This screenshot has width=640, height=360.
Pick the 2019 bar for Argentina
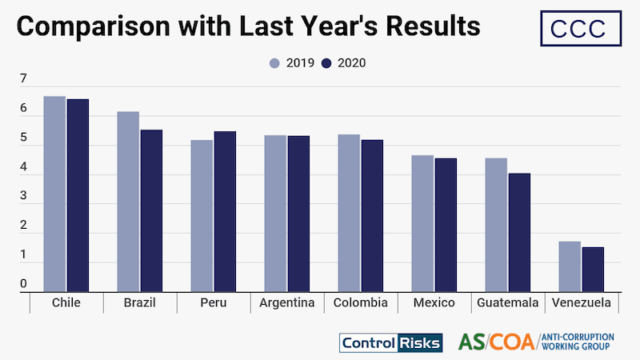[275, 214]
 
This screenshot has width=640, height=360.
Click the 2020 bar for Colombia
[372, 216]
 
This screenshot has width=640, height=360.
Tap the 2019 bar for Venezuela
[570, 266]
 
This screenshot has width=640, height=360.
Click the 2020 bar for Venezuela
[593, 270]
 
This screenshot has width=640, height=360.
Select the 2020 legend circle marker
[326, 63]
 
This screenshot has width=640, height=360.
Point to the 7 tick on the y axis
[23, 79]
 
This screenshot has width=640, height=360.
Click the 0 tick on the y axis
[23, 284]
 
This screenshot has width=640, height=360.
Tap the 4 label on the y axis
[23, 167]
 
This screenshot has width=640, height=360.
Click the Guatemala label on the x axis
[507, 303]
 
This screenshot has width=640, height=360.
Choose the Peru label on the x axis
[213, 303]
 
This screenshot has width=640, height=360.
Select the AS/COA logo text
[497, 342]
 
